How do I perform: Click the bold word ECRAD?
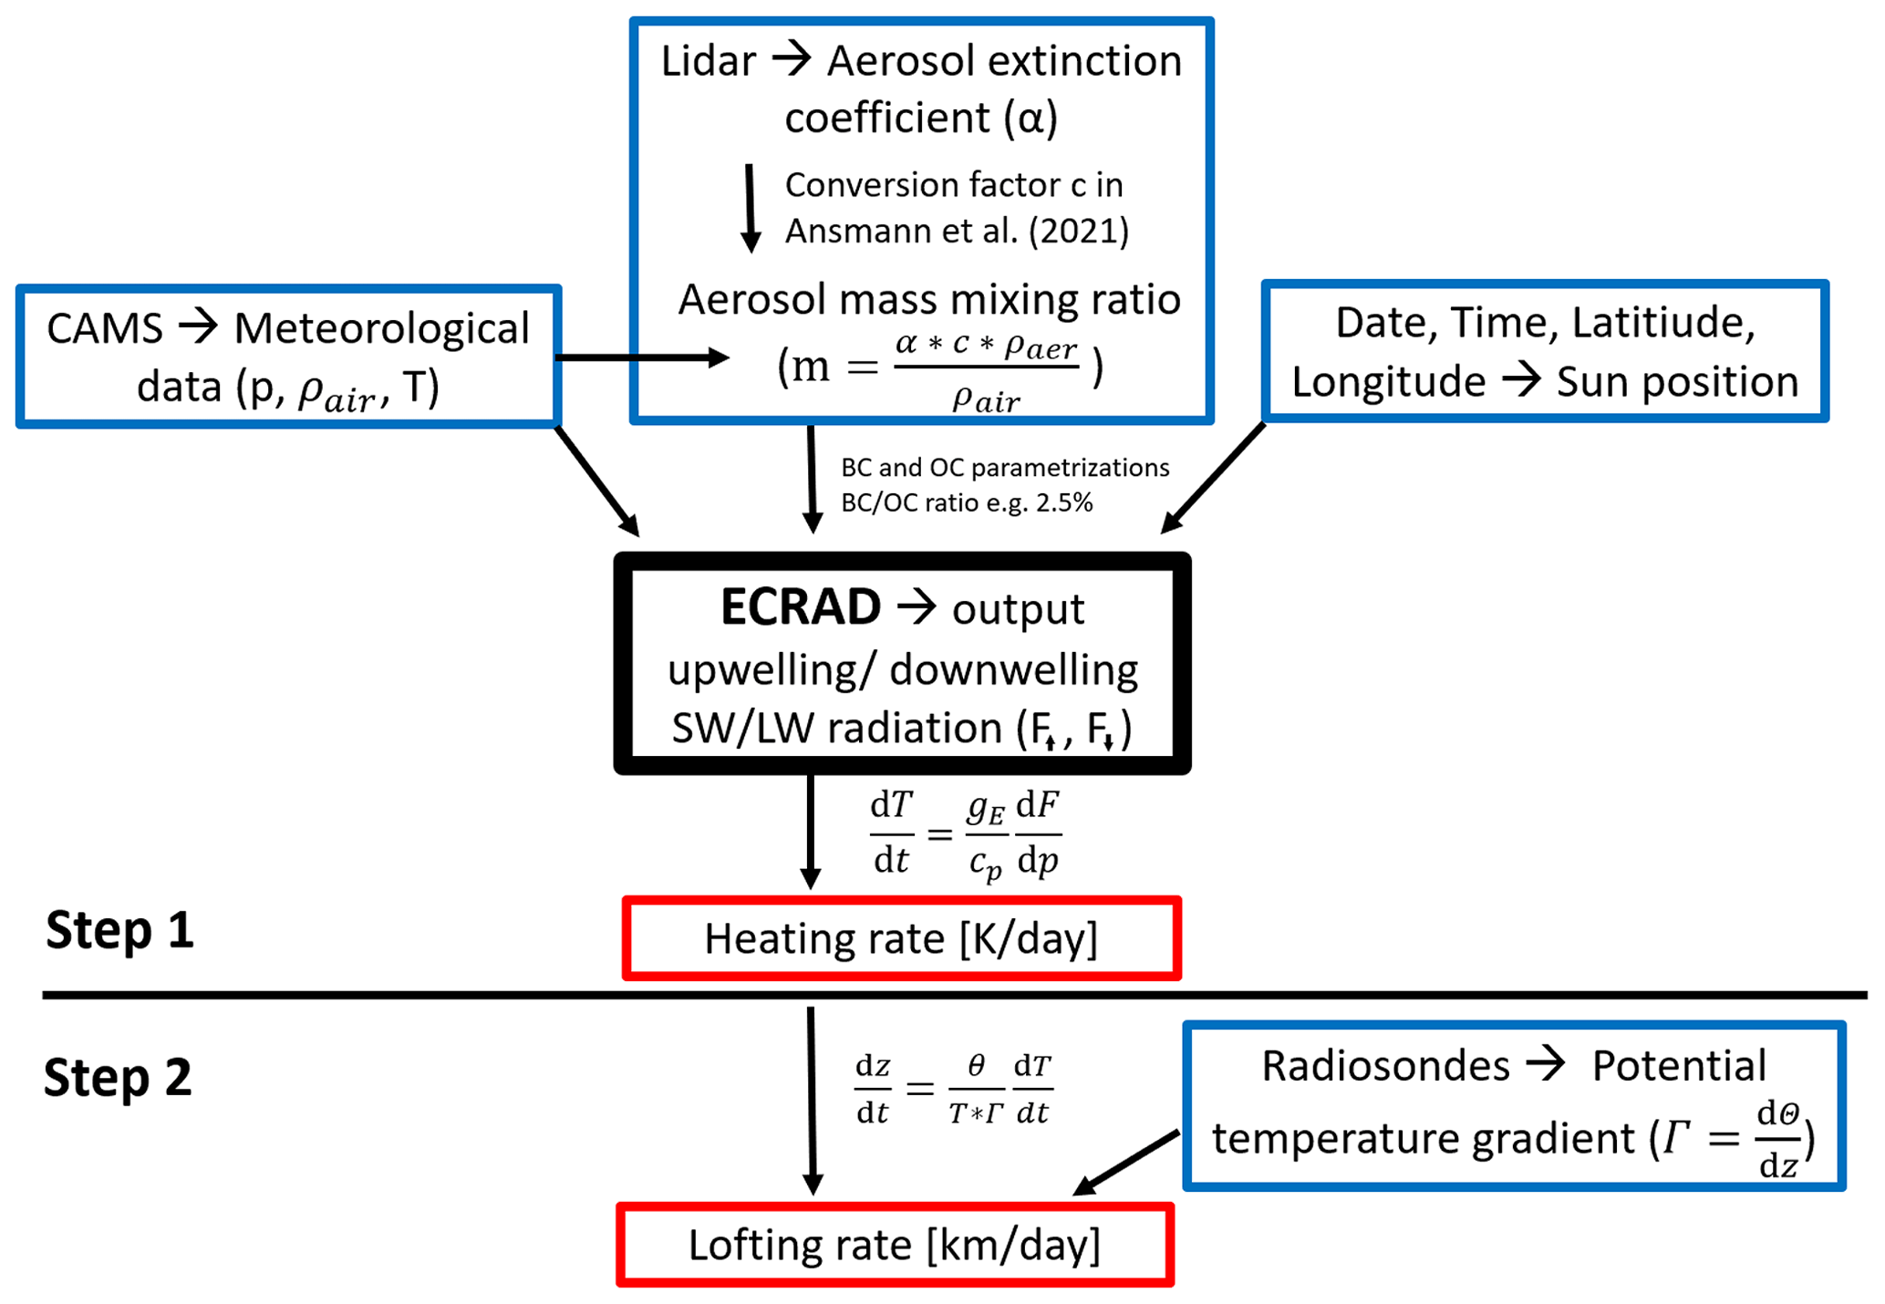[x=800, y=607]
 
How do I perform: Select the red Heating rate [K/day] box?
[x=901, y=938]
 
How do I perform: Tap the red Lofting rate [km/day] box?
[x=895, y=1245]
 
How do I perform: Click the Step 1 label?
[x=119, y=930]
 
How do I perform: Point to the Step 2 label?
[x=118, y=1077]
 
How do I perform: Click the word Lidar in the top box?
[x=708, y=62]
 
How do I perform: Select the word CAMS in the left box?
[x=104, y=328]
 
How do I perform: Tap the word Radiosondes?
[x=1385, y=1066]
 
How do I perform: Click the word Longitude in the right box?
[x=1388, y=382]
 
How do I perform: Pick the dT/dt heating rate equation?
[x=965, y=833]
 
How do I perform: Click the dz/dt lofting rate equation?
[x=953, y=1089]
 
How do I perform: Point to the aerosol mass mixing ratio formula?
[x=939, y=369]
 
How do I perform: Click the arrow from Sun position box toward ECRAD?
[x=1212, y=479]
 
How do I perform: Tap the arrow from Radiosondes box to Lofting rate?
[x=1126, y=1163]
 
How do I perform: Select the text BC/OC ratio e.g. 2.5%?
[x=967, y=503]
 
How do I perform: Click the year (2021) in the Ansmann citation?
[x=1079, y=232]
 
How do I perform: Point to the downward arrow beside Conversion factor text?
[x=750, y=208]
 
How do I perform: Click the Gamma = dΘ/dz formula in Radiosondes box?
[x=1733, y=1139]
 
